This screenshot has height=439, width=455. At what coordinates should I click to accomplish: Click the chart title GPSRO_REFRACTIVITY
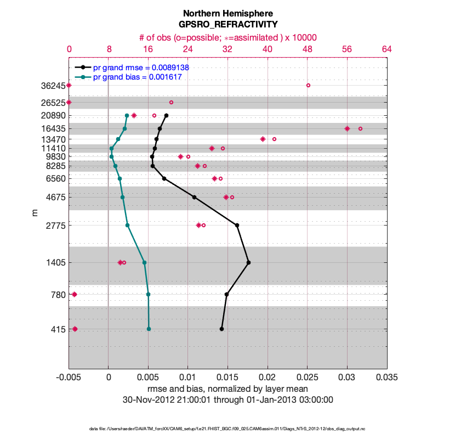point(228,24)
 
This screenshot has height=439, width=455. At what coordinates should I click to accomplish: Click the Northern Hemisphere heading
point(228,13)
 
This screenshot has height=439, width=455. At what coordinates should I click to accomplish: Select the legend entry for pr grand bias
point(137,77)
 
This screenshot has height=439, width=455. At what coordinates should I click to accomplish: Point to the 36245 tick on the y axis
point(54,86)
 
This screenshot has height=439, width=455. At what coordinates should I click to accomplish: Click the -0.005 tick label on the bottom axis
point(69,378)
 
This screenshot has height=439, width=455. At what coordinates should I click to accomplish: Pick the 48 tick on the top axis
point(308,49)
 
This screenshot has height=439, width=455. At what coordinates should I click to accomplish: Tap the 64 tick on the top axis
point(386,49)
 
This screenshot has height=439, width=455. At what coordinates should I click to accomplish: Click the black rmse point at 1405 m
point(248,263)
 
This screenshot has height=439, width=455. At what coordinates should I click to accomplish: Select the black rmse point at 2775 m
point(237,225)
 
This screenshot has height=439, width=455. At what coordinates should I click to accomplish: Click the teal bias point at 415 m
point(149,329)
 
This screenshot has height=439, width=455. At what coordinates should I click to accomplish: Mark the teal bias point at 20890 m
point(127,116)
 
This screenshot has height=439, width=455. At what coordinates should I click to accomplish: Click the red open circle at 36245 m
point(308,85)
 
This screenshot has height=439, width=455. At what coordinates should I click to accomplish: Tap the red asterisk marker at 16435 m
point(347,128)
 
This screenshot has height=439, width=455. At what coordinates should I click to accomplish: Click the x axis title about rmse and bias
point(228,389)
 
